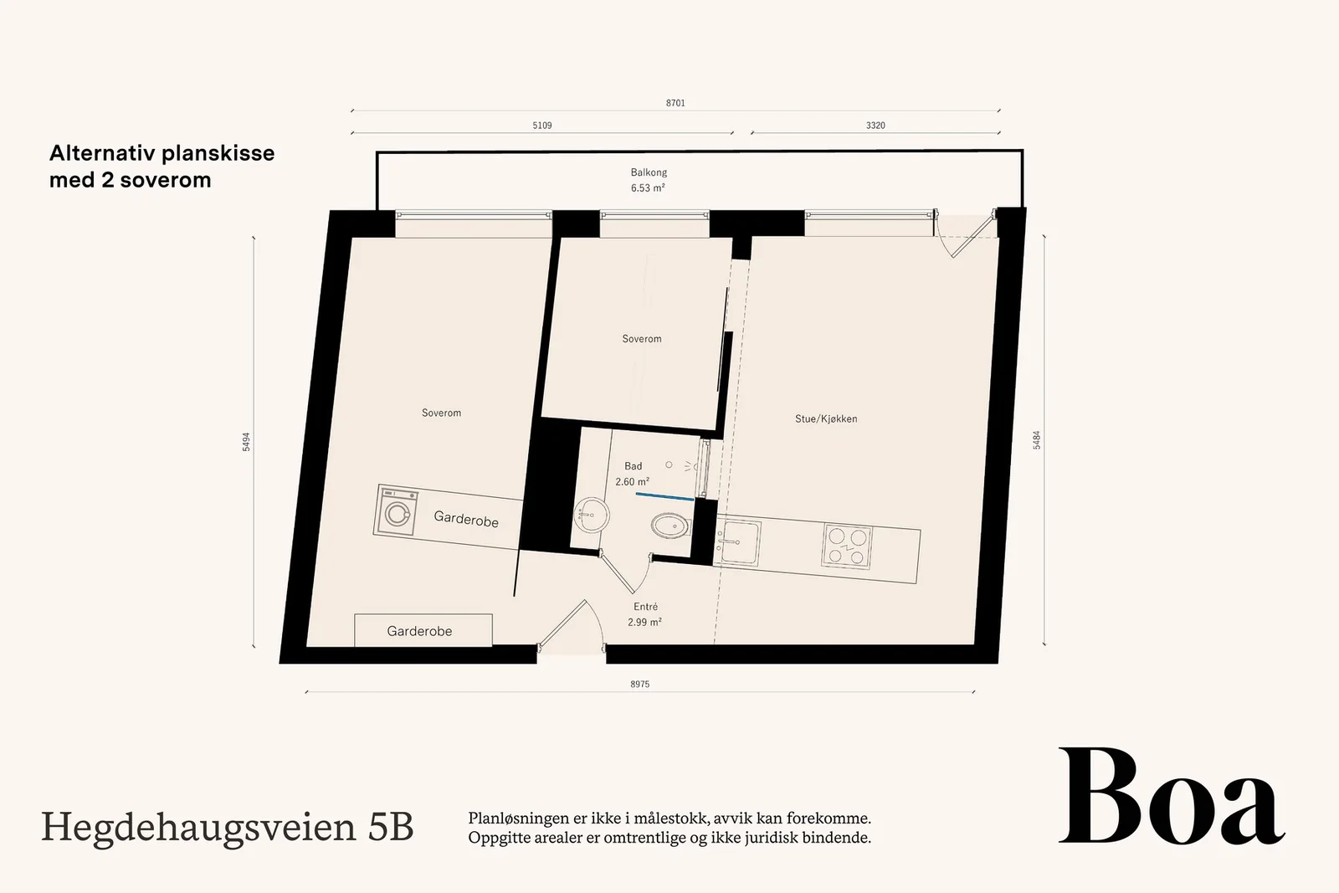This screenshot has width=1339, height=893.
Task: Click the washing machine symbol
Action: point(397,511)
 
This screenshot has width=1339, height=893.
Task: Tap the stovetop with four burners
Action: point(846,545)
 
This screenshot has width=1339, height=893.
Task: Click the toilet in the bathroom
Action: point(670,526)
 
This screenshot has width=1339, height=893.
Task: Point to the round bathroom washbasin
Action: point(591,514)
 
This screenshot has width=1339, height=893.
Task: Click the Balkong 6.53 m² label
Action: point(648,180)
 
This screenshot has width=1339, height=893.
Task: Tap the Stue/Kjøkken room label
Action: point(825,419)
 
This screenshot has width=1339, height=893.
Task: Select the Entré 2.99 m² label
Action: point(644,614)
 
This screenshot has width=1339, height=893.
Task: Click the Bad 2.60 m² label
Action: point(633,474)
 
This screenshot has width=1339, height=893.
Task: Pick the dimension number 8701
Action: point(675,103)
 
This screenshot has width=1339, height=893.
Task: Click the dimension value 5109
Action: point(542,126)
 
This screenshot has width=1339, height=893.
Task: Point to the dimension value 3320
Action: point(875,126)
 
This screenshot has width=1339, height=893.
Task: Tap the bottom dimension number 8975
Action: point(639,685)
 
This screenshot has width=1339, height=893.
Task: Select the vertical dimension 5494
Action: point(246,442)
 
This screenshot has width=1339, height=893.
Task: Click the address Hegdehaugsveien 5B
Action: point(227,828)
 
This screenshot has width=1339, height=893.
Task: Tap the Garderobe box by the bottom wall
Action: point(423,630)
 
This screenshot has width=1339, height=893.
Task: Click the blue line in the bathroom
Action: point(664,496)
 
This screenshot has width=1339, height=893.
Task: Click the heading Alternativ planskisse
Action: point(162,153)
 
